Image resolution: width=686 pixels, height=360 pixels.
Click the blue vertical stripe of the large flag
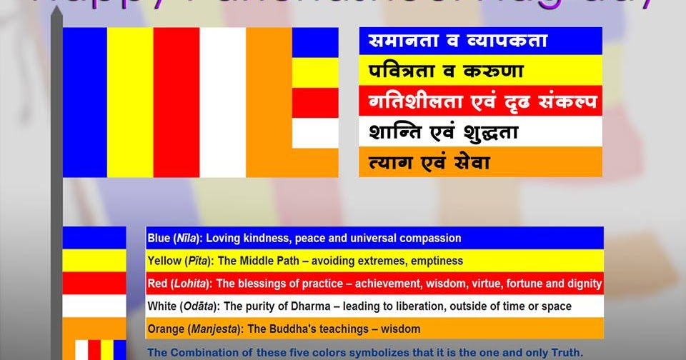click(x=84, y=102)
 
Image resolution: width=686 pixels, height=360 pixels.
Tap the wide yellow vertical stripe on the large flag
click(x=130, y=102)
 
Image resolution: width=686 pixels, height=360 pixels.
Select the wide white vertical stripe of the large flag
click(x=222, y=102)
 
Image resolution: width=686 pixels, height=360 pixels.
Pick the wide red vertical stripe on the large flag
click(x=177, y=102)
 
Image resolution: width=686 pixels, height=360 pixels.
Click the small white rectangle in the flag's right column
click(x=315, y=133)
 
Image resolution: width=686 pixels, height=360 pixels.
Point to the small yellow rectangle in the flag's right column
click(x=315, y=72)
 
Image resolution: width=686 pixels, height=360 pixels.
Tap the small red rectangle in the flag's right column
click(x=315, y=103)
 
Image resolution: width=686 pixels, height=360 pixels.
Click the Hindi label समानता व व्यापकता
click(x=457, y=41)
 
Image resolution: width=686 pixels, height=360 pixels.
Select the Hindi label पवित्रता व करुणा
click(x=446, y=71)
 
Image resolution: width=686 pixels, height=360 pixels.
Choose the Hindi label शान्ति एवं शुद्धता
click(x=443, y=132)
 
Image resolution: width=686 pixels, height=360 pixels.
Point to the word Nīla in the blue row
click(x=184, y=238)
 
